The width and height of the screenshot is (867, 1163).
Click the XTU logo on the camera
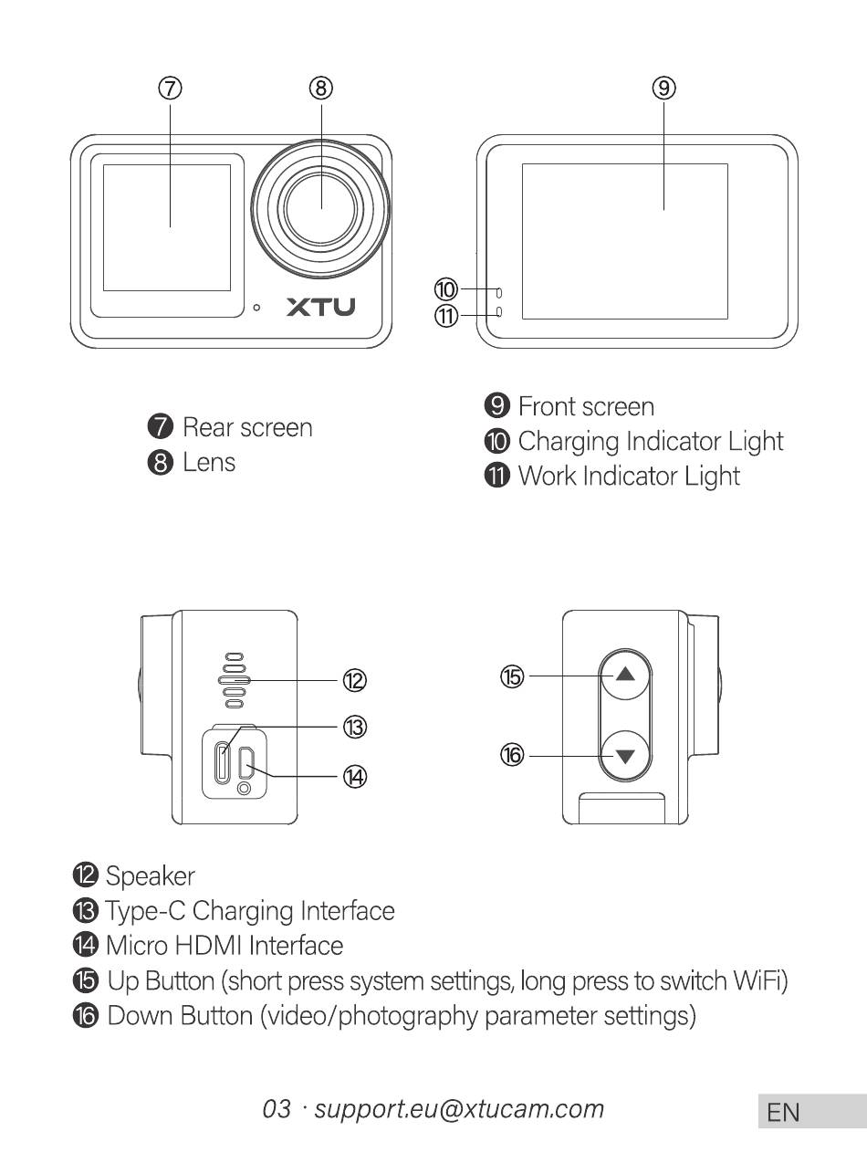(320, 307)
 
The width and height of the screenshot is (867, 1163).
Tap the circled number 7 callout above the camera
(170, 88)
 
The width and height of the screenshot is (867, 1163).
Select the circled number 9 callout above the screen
(663, 88)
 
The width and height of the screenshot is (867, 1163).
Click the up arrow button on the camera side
(625, 676)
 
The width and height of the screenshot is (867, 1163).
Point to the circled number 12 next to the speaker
(354, 680)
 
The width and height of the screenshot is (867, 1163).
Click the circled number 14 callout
(354, 776)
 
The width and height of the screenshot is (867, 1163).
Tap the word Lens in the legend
(209, 462)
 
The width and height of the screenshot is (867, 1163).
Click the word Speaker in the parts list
(151, 876)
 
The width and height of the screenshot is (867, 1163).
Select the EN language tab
(784, 1112)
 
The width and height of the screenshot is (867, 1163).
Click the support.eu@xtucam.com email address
(459, 1108)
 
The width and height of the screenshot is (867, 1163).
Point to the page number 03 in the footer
(277, 1109)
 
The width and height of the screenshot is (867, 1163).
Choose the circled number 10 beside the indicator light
(445, 290)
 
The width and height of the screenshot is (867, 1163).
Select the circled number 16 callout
(512, 755)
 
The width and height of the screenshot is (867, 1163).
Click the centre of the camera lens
(320, 208)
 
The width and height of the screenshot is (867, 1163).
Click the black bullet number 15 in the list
(84, 981)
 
